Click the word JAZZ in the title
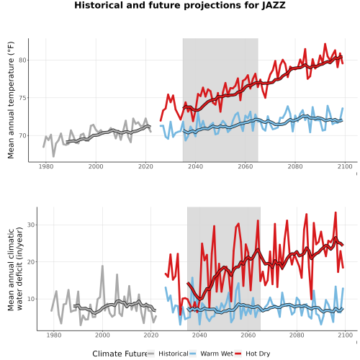coord(274,5)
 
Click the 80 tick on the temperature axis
coord(22,60)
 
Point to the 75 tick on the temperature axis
coord(22,98)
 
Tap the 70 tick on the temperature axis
coord(22,135)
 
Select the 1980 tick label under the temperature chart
coord(46,166)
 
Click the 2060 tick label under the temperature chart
coord(246,166)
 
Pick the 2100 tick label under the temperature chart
coord(345,166)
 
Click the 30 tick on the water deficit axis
coord(31,225)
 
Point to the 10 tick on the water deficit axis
coord(31,299)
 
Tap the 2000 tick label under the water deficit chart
coord(102,335)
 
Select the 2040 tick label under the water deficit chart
coord(199,335)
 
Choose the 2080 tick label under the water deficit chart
coord(297,335)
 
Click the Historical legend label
coord(174,354)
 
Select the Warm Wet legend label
coord(217,354)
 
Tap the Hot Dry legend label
coord(258,354)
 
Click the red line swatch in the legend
coord(238,354)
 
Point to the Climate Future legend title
coord(120,354)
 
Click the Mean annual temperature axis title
coord(11,100)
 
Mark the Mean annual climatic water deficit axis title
coord(15,269)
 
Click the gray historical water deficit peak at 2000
coord(102,266)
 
